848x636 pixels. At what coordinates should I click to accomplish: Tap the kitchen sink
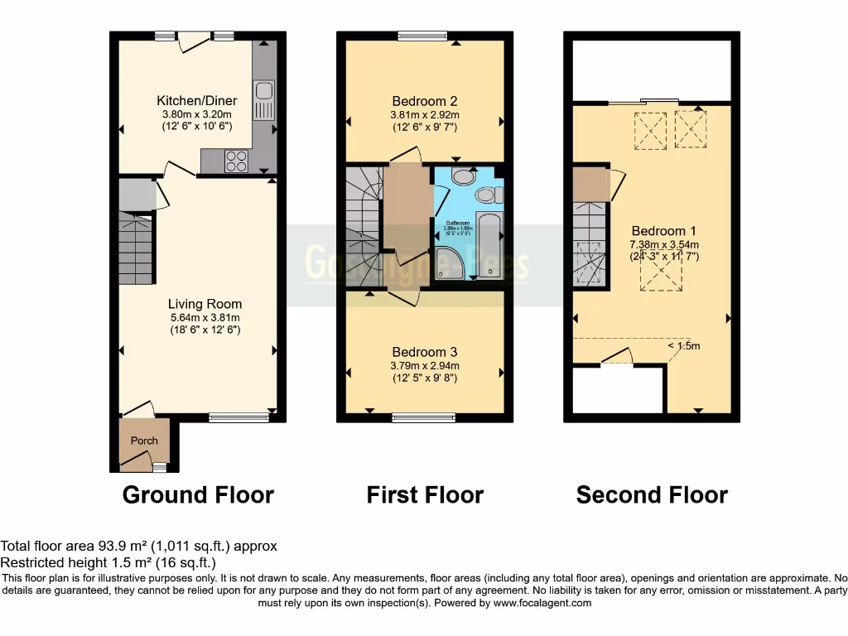coord(265,100)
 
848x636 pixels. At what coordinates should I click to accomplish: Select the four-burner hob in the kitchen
coord(236,161)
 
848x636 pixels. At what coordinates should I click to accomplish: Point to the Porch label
coord(144,441)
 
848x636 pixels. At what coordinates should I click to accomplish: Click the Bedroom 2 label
coord(425,102)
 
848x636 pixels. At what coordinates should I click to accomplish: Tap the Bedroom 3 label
coord(426,351)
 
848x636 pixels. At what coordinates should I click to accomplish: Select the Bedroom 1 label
coord(658,231)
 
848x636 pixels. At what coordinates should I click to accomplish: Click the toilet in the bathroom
coord(488,195)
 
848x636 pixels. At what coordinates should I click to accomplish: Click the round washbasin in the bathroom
coord(464,177)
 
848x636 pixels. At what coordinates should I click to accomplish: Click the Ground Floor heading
coord(198,495)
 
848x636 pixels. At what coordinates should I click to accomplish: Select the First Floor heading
coord(425,495)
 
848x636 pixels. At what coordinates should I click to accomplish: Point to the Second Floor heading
coord(652,495)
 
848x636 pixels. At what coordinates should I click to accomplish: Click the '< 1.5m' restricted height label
coord(683,346)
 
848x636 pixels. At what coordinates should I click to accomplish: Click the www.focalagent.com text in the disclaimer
coord(542,603)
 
